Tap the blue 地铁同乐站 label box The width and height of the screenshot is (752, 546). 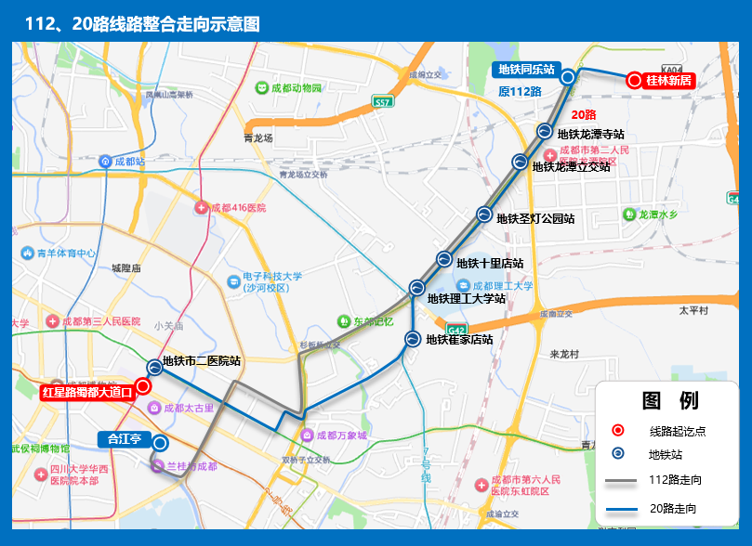tap(526, 69)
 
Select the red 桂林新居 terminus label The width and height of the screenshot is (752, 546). tap(668, 80)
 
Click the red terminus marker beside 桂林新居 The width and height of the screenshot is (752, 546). tap(634, 80)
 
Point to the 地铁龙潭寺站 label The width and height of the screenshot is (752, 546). tap(596, 134)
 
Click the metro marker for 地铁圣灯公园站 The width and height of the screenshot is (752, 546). tap(484, 214)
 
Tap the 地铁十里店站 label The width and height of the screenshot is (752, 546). tap(490, 264)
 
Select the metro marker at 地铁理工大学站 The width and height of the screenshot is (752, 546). tap(417, 288)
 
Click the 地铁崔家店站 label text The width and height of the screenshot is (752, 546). tap(459, 340)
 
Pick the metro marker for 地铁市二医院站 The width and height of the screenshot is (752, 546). tap(155, 367)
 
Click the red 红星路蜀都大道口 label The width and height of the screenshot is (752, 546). tap(87, 392)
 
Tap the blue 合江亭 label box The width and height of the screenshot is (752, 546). tap(123, 439)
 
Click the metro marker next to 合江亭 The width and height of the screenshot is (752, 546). tap(160, 444)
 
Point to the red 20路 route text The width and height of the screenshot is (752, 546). tap(583, 114)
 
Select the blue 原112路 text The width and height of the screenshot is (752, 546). tap(520, 91)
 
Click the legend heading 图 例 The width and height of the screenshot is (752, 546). tap(669, 401)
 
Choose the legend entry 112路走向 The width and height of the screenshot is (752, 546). tap(675, 480)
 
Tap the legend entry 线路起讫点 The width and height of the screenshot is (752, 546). tap(677, 431)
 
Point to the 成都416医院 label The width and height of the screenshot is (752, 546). tap(237, 208)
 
